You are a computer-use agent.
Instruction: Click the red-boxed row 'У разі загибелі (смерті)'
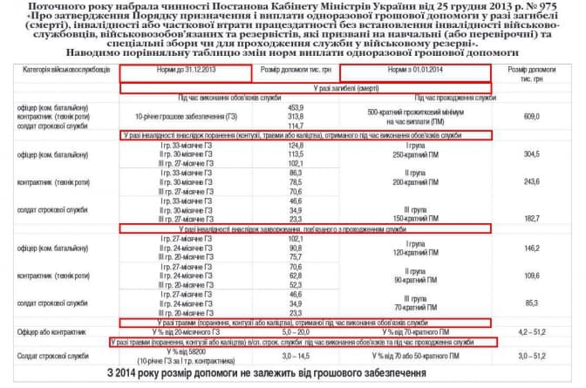pos(306,88)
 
